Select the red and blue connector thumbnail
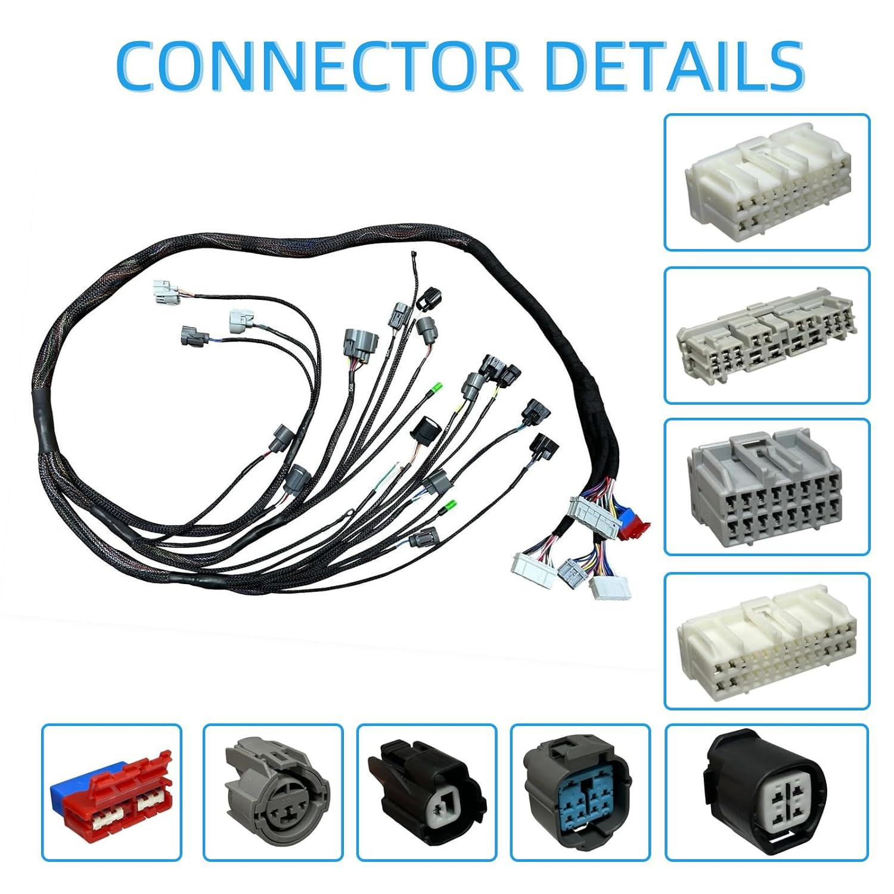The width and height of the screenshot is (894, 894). [x=111, y=792]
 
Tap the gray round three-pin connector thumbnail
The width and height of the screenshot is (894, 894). [x=273, y=792]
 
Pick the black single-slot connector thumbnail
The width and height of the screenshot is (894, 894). [x=427, y=792]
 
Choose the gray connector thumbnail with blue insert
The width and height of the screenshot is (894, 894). [x=581, y=792]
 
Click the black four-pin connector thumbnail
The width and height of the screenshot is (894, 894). [x=767, y=792]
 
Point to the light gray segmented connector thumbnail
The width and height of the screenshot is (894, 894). [x=767, y=335]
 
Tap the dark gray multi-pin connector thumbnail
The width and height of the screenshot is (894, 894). [x=767, y=487]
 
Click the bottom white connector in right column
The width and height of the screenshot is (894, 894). [x=767, y=641]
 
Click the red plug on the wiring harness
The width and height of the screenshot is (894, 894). [x=635, y=523]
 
